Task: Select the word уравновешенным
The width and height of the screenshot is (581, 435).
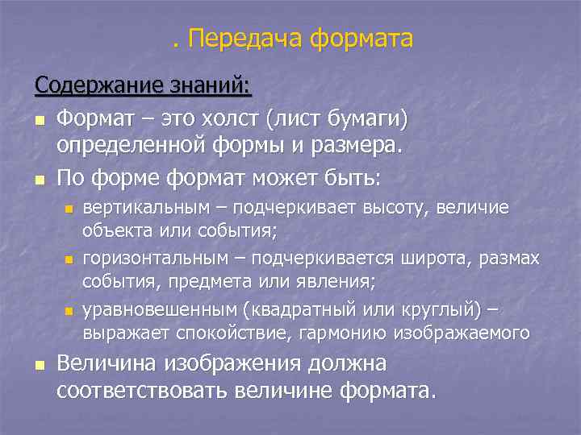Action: [x=162, y=309]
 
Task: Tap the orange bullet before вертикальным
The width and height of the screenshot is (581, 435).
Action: [x=69, y=209]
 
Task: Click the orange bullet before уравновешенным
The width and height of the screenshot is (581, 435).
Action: [x=69, y=310]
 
